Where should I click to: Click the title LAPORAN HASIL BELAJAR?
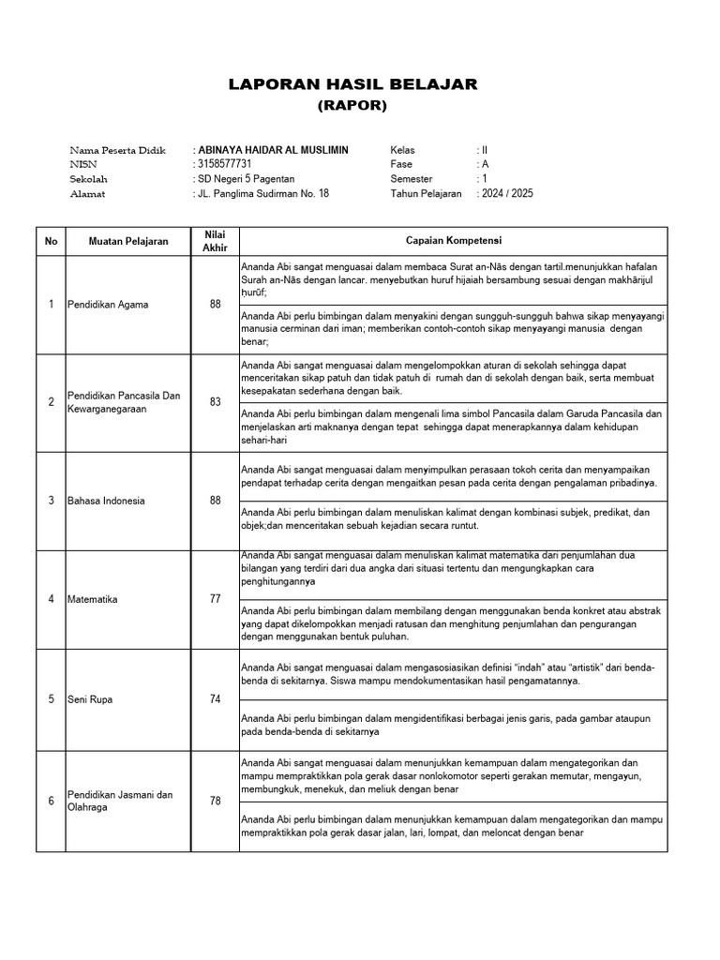353,85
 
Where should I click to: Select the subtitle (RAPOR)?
352,106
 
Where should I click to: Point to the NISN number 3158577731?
226,164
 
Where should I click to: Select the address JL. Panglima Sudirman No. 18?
263,194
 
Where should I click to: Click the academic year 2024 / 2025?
507,194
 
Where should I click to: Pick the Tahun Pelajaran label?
427,194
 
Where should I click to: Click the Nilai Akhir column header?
215,241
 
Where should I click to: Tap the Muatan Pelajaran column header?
128,241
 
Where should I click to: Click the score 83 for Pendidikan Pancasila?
215,402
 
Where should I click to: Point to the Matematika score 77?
215,599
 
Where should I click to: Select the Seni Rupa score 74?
215,699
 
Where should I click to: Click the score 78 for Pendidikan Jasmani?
215,801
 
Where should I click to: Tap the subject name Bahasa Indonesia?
106,501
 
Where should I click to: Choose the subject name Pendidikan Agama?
108,305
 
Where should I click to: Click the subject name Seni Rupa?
89,699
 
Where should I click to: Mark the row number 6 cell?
51,801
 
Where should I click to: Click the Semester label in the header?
412,179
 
